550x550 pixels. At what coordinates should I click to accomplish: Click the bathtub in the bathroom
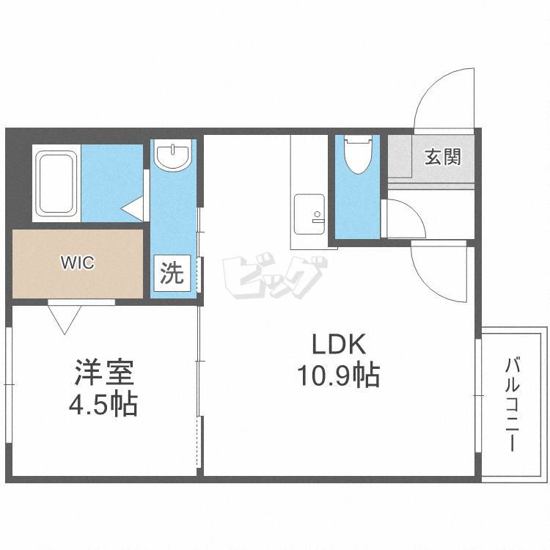coord(56,183)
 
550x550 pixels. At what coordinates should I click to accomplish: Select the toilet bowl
coord(358,154)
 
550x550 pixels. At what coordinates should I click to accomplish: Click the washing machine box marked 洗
coord(172,274)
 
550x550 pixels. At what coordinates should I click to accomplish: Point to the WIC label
coord(78,263)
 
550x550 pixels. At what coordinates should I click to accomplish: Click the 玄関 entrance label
coord(443,157)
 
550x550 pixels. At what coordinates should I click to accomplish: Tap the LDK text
coord(339,344)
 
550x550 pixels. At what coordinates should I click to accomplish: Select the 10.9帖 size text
coord(339,375)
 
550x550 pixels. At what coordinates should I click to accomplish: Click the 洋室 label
coord(104,372)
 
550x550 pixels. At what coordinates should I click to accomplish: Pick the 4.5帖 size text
coord(103,404)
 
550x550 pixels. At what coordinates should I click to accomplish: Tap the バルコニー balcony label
coord(512,404)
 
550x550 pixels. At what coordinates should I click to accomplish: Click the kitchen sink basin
coord(309,214)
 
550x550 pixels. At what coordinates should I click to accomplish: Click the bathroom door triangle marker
coord(132,209)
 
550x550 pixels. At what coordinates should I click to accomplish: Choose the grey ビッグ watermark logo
coord(274,276)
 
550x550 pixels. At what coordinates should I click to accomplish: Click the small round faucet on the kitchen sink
coord(317,214)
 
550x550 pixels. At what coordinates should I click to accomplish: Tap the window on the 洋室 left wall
coord(9,385)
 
